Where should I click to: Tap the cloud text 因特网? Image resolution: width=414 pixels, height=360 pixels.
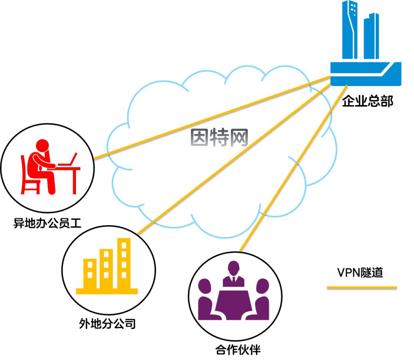pos(220,137)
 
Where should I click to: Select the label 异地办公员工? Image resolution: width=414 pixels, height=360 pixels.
pos(48,223)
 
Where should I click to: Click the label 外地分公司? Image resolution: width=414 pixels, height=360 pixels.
pos(107,323)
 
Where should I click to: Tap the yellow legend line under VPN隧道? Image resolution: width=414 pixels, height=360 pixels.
pos(361,287)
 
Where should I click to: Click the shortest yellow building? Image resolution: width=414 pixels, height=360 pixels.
pos(90,273)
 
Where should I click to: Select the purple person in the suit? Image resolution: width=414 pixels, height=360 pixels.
pos(233,274)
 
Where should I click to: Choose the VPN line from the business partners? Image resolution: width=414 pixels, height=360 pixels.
pos(291,169)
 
